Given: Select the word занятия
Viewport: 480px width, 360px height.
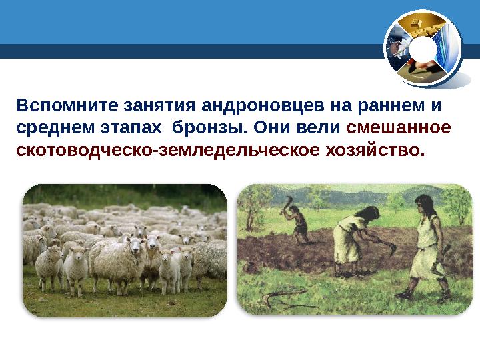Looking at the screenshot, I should click(158, 106).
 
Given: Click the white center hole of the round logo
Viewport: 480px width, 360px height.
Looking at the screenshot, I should click(422, 50).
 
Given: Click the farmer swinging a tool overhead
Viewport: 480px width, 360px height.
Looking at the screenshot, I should click(298, 220).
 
